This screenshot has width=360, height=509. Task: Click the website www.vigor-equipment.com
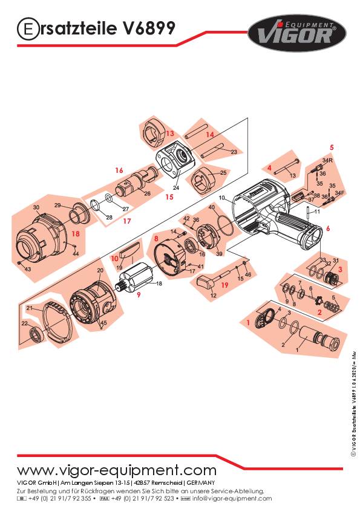coord(116,470)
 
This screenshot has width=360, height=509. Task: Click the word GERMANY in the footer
coord(198,483)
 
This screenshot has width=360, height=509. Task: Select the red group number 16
coord(119,170)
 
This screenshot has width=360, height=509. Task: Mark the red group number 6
coord(328,229)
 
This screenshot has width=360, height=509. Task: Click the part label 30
coord(36,207)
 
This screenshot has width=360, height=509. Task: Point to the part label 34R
coord(327,160)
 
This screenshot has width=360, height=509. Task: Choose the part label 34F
coord(340,192)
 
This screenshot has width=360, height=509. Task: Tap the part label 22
coord(25,325)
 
